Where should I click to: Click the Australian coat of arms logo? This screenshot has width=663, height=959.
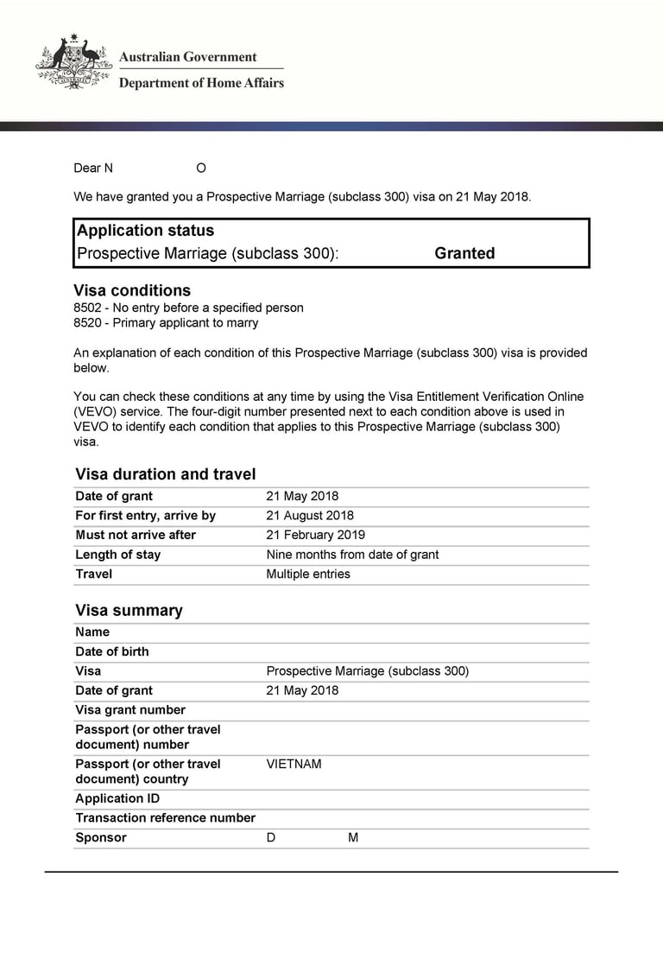click(73, 62)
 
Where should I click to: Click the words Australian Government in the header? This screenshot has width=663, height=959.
click(187, 57)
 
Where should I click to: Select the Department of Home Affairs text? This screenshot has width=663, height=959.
click(200, 83)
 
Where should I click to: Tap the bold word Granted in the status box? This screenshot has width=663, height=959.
click(464, 253)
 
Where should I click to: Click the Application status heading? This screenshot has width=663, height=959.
click(145, 231)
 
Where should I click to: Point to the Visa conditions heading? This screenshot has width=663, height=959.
click(132, 290)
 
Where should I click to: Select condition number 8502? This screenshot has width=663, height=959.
click(88, 308)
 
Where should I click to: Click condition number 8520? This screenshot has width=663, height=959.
click(88, 323)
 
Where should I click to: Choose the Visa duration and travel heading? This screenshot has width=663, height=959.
click(165, 473)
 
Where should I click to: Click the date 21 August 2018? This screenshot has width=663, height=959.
click(310, 516)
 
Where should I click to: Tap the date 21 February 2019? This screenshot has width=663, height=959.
click(315, 535)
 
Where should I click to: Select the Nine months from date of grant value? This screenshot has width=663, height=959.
click(352, 555)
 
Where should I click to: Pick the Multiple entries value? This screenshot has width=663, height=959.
click(308, 574)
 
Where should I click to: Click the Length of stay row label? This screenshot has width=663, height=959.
click(117, 555)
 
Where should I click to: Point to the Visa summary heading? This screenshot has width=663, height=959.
click(129, 610)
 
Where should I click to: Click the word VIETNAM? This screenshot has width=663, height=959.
click(294, 764)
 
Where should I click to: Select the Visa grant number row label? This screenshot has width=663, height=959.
click(130, 710)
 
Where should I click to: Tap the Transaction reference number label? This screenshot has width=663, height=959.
click(165, 818)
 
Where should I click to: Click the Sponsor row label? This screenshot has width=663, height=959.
click(100, 837)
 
